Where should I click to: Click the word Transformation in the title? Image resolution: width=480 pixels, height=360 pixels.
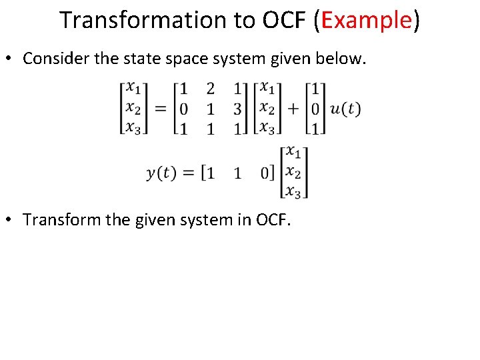pyautogui.click(x=143, y=21)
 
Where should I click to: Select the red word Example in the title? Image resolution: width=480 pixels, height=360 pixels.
pyautogui.click(x=365, y=21)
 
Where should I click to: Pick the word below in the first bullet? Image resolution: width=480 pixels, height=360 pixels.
pyautogui.click(x=341, y=59)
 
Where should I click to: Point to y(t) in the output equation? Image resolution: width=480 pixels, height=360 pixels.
pyautogui.click(x=161, y=173)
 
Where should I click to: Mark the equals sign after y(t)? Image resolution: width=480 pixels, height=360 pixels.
pyautogui.click(x=189, y=173)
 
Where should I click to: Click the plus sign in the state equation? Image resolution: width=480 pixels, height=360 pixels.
pyautogui.click(x=293, y=109)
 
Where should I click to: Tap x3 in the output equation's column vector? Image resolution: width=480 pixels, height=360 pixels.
pyautogui.click(x=293, y=191)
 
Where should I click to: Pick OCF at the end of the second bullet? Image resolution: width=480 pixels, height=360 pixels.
pyautogui.click(x=273, y=220)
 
